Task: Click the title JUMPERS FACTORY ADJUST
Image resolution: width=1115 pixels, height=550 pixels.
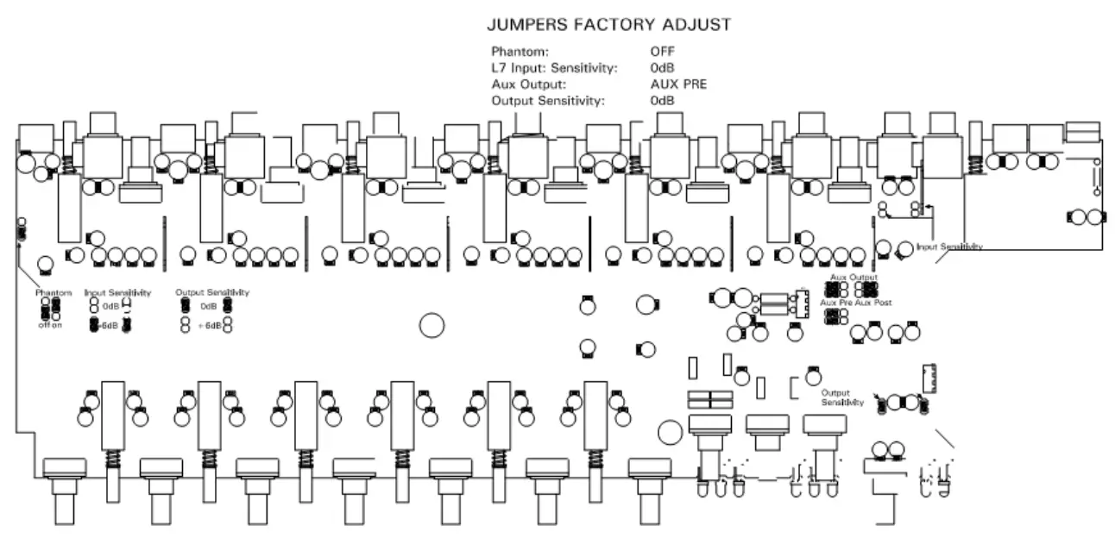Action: tap(609, 25)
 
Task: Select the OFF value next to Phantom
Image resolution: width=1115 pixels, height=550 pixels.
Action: tap(663, 52)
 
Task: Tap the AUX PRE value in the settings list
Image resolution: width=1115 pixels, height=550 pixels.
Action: tap(678, 84)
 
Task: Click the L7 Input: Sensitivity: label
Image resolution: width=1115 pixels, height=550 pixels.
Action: tap(554, 68)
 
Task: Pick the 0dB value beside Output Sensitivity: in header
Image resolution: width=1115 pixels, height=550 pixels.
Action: tap(663, 101)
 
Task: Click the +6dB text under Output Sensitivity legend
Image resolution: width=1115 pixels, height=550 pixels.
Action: tap(210, 325)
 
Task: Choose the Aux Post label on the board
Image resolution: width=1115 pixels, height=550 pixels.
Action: tap(873, 303)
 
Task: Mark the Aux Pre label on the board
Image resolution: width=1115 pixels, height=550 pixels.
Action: tap(835, 303)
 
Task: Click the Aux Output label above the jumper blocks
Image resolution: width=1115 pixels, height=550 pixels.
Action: tap(854, 278)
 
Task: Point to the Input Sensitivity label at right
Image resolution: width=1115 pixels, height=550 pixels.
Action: tap(949, 247)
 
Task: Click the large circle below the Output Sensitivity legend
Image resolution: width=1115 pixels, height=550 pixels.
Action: tap(432, 324)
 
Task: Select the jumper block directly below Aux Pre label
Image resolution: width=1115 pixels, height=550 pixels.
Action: tap(835, 317)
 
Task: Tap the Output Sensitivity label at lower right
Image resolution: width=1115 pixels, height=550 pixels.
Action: tap(842, 397)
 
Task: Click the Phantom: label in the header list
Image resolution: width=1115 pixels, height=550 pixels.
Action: tap(520, 52)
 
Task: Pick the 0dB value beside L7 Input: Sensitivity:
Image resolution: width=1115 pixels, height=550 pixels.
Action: tap(663, 68)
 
